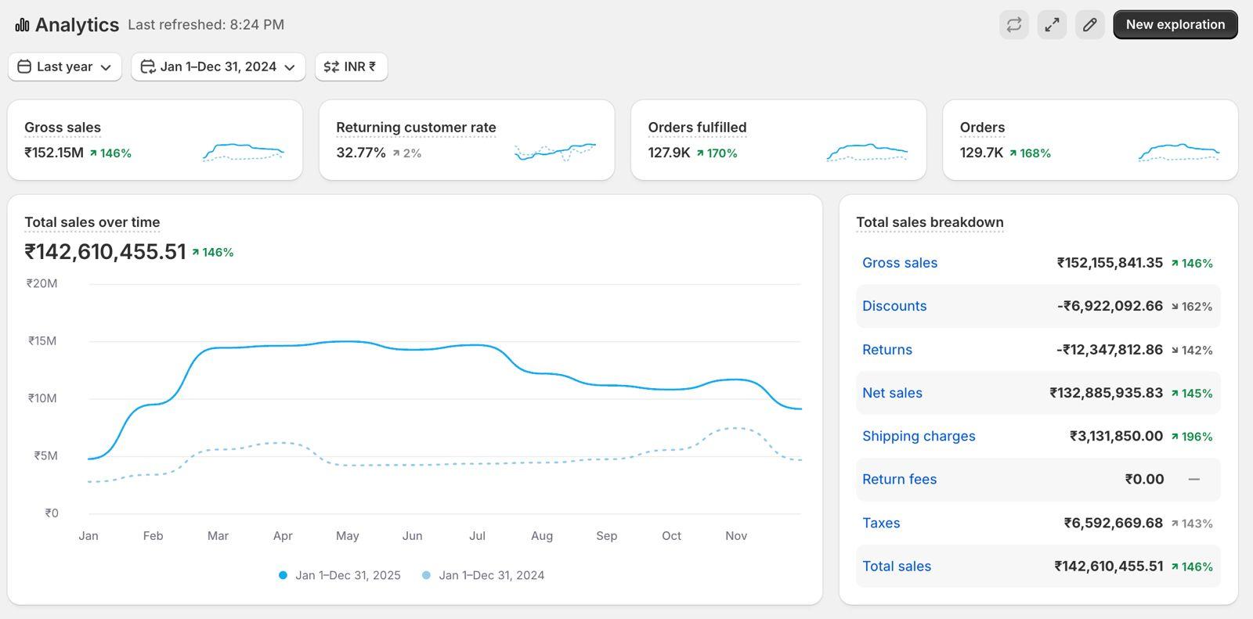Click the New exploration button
click(1175, 24)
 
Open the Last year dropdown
click(64, 67)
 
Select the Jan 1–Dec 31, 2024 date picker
click(218, 67)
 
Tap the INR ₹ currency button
click(351, 67)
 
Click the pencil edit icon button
click(1089, 24)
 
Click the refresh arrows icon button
click(1013, 24)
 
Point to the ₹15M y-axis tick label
click(42, 340)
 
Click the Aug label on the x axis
click(541, 536)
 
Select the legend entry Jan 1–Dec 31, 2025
click(341, 575)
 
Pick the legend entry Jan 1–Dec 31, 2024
click(484, 575)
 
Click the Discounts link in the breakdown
click(894, 306)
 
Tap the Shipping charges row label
click(919, 436)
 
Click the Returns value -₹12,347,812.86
click(1109, 350)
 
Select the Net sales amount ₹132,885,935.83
click(1106, 393)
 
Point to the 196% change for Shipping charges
click(1192, 437)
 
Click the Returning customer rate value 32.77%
click(360, 153)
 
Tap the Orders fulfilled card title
click(697, 127)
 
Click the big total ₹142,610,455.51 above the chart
click(105, 252)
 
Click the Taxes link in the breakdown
click(881, 523)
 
